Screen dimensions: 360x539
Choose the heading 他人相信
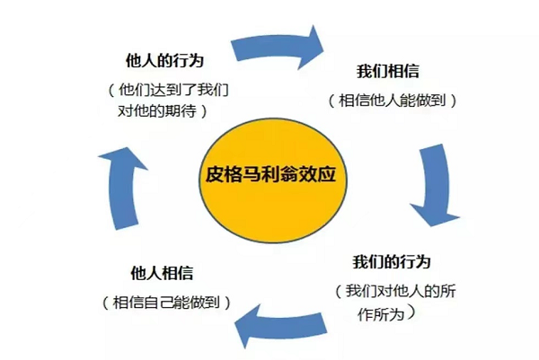coord(161,272)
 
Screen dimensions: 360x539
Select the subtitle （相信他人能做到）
coord(393,100)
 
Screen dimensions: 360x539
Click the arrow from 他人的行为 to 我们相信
coord(278,42)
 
